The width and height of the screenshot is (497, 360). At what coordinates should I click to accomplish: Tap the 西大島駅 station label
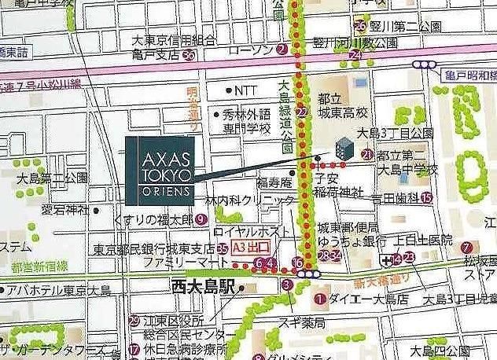point(204,288)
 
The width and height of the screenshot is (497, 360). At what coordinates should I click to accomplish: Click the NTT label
point(245,90)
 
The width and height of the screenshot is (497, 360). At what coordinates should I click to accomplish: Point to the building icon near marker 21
point(342,147)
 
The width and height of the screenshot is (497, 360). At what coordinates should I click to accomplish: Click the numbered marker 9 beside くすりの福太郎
point(201,219)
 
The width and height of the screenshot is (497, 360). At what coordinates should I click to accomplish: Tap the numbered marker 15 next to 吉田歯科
point(426,198)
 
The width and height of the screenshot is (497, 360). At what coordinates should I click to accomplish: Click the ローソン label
point(251,49)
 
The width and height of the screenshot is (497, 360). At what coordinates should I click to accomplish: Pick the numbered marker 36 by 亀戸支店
point(189,55)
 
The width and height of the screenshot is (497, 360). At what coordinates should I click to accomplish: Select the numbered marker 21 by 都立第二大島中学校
point(366,155)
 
